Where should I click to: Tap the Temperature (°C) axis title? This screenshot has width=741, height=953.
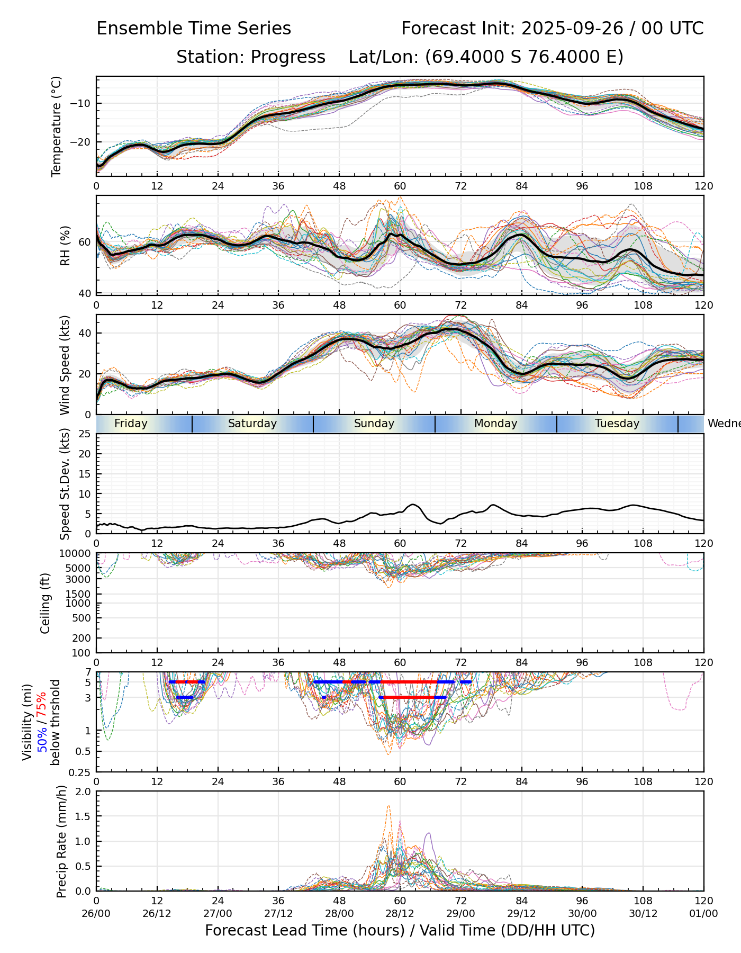click(x=57, y=126)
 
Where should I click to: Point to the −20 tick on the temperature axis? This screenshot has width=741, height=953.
click(x=84, y=142)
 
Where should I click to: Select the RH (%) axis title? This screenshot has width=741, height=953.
click(x=66, y=245)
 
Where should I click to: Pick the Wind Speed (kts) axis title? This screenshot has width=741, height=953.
click(x=65, y=365)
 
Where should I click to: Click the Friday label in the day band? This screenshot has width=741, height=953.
click(x=131, y=424)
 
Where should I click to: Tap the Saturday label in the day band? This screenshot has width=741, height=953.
click(x=252, y=424)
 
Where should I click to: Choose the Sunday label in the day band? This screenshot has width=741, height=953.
click(x=374, y=424)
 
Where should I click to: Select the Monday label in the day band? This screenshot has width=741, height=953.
click(x=495, y=424)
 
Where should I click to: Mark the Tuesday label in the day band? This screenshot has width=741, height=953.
click(x=617, y=424)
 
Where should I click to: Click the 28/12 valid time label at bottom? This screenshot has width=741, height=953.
click(x=400, y=914)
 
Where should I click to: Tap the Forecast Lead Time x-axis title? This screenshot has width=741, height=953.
click(x=400, y=931)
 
